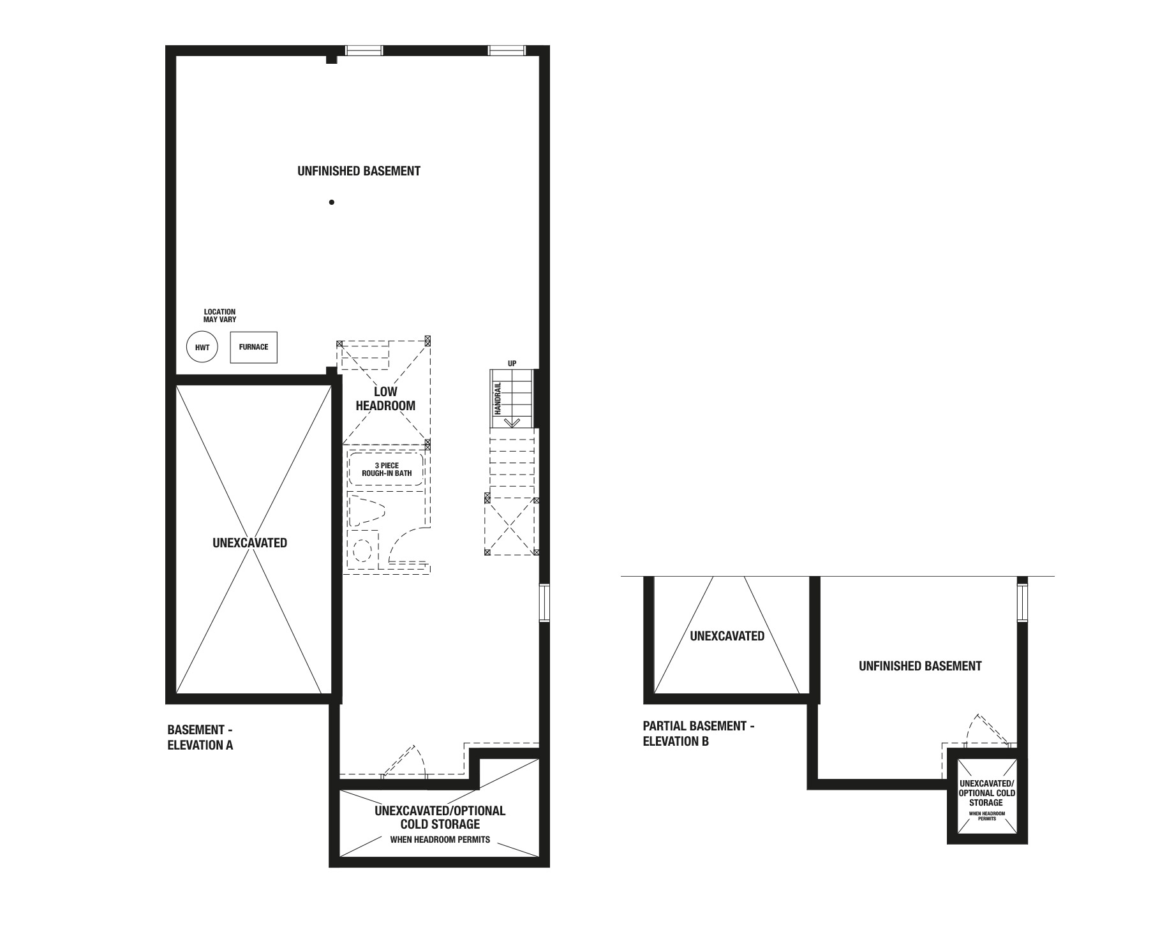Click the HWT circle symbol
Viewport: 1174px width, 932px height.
click(x=202, y=348)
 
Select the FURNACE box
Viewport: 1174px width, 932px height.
click(x=253, y=347)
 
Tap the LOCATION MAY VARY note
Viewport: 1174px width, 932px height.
click(x=219, y=316)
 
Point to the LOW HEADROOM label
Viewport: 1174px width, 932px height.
click(x=385, y=399)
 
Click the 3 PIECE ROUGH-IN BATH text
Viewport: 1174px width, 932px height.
click(x=387, y=470)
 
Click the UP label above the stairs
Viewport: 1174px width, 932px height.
click(x=512, y=364)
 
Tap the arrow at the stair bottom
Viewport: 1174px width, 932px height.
click(x=512, y=422)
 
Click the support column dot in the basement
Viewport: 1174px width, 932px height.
click(x=332, y=202)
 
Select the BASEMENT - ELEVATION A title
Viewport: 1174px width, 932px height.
click(x=200, y=737)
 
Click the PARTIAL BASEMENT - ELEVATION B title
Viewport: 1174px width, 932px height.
click(x=699, y=734)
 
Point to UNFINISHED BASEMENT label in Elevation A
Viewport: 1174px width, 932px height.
click(x=359, y=171)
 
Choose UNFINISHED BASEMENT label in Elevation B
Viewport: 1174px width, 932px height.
click(x=920, y=666)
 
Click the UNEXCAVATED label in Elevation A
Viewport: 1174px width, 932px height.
click(x=249, y=543)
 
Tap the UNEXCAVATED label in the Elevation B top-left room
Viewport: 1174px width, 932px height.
click(x=727, y=636)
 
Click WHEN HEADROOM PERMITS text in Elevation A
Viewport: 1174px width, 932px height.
click(x=440, y=840)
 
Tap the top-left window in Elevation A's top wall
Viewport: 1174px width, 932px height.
click(x=364, y=51)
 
